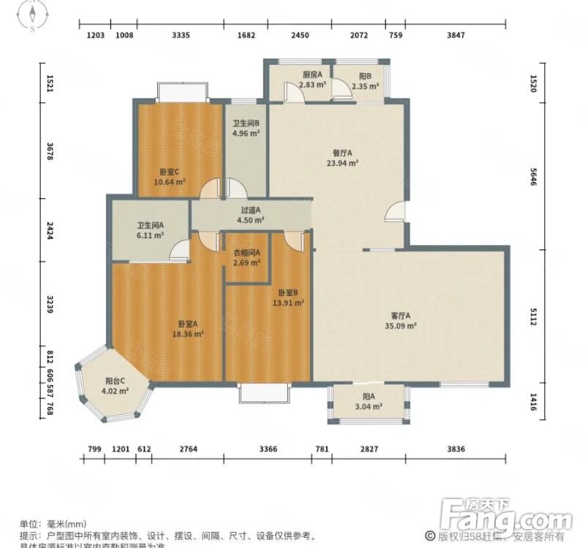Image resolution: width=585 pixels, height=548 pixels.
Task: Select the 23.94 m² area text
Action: [341, 163]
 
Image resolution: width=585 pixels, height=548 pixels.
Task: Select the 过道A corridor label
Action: [251, 210]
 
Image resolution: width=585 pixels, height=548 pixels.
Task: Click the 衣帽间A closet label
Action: [246, 254]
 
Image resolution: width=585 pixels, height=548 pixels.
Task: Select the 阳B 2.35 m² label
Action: [365, 75]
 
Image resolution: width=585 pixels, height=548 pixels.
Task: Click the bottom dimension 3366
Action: [268, 449]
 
